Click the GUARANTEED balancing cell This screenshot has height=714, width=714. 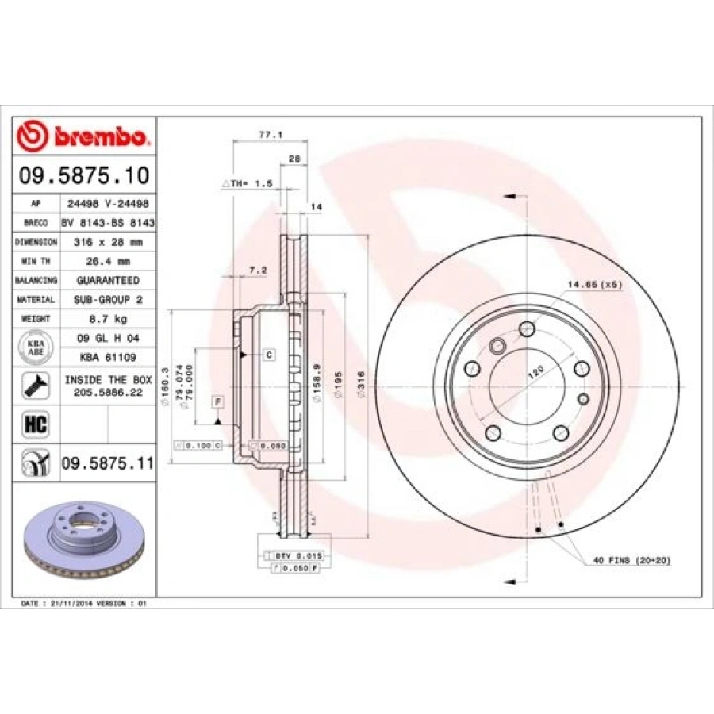coord(108,280)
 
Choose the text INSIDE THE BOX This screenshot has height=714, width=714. coord(108,380)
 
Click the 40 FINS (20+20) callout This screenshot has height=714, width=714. coord(631,560)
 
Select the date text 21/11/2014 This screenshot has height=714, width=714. coord(71,604)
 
